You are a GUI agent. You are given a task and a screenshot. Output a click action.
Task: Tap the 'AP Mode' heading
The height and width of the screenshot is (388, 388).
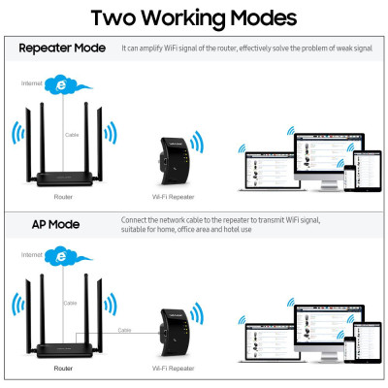43,225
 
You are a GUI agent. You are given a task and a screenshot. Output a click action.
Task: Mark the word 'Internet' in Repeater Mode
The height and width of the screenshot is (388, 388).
32,83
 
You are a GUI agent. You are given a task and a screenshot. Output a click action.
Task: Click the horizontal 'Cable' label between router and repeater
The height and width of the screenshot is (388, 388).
125,330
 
